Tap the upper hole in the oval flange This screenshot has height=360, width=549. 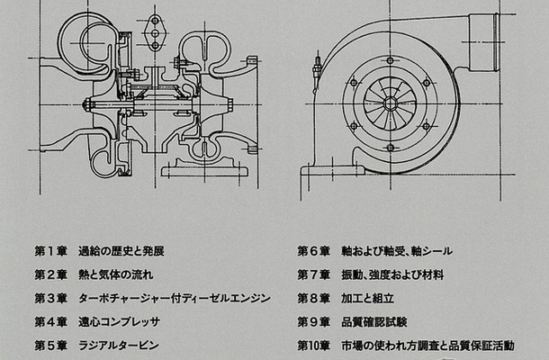click(160, 22)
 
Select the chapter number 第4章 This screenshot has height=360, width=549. click(50, 321)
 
